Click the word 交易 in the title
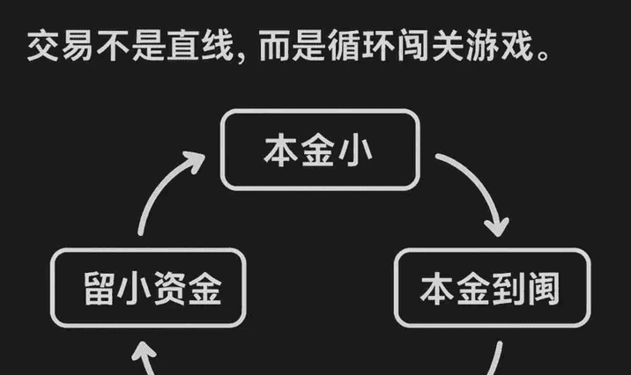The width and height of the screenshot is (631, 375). point(63,47)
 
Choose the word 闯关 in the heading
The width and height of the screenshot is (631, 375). point(426,47)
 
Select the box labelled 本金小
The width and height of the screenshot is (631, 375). point(318,149)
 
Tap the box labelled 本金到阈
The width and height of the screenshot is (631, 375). point(490,289)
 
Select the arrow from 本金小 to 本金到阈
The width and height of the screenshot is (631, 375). point(476,189)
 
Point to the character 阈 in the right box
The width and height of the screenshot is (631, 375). point(543,289)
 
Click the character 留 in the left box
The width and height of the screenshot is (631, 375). point(99,289)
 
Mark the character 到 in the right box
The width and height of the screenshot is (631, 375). point(508,289)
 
